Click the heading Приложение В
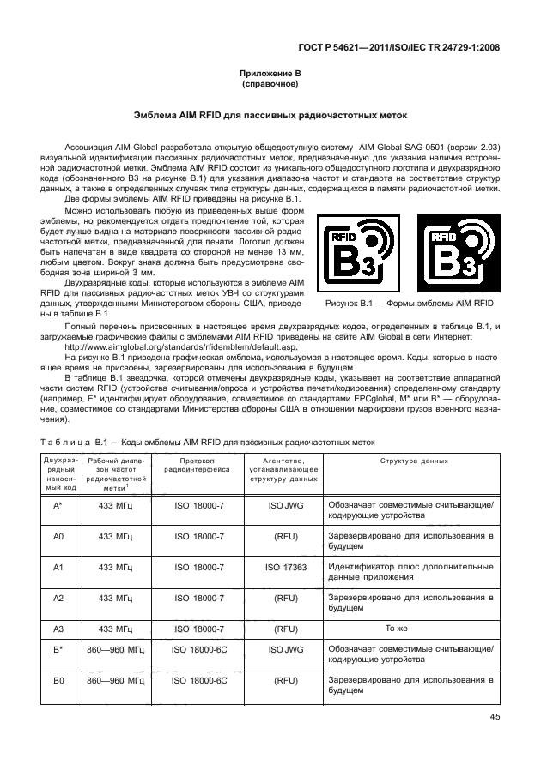pyautogui.click(x=270, y=75)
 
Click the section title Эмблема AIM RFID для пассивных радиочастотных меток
pyautogui.click(x=270, y=115)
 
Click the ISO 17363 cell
pyautogui.click(x=285, y=568)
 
